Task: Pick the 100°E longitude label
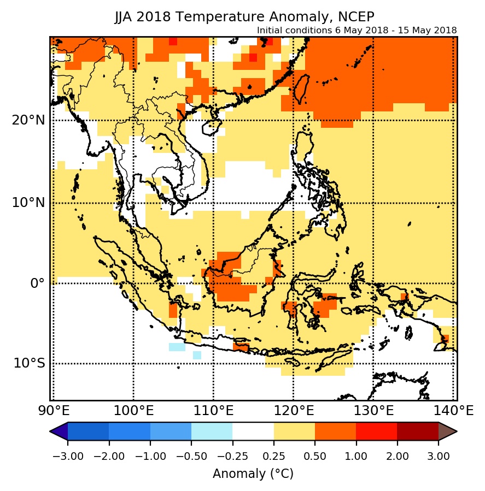(x=133, y=409)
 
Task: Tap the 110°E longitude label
(x=213, y=409)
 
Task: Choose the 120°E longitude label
(x=293, y=409)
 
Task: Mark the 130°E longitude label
(x=373, y=409)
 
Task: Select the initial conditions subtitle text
(x=357, y=30)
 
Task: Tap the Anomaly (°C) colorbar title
(x=253, y=474)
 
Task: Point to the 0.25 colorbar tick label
(x=274, y=456)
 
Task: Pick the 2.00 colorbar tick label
(x=397, y=456)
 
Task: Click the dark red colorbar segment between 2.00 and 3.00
(x=418, y=431)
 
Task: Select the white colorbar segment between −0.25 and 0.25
(x=253, y=431)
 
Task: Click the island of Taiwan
(x=300, y=91)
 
